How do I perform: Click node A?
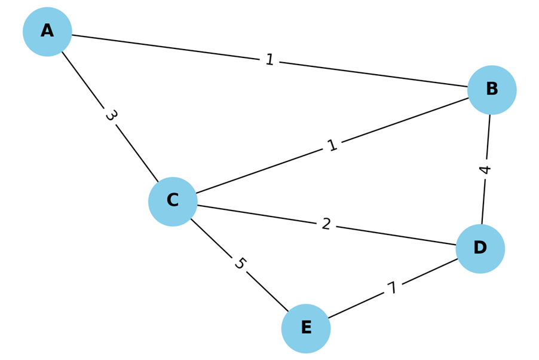tap(47, 32)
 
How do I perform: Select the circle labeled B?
tap(492, 90)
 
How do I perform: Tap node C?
tap(173, 202)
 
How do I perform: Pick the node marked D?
tap(480, 249)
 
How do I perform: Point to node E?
tap(306, 328)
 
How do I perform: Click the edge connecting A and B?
tap(179, 48)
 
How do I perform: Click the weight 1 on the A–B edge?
tap(269, 60)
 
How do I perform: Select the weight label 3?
tap(110, 115)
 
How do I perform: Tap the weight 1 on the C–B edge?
tap(332, 145)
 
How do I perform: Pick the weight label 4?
tap(485, 170)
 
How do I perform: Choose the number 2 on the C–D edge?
tap(326, 224)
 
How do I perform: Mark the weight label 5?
tap(239, 264)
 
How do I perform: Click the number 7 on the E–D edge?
tap(392, 289)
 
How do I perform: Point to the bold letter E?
tap(306, 328)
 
